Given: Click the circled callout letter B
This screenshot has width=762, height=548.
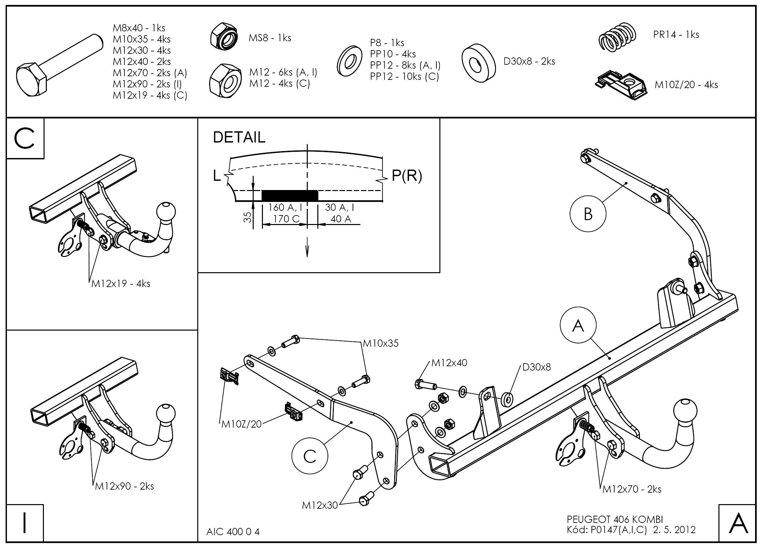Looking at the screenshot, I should pyautogui.click(x=588, y=214).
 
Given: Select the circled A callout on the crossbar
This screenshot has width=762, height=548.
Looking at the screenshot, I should pyautogui.click(x=578, y=325).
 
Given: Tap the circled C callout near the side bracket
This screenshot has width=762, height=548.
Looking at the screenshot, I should pyautogui.click(x=309, y=456).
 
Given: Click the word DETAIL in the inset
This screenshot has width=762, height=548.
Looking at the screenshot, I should pyautogui.click(x=239, y=138).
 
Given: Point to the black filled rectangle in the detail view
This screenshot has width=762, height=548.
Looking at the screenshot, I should pyautogui.click(x=290, y=195).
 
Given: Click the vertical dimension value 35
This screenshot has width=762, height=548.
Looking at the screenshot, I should pyautogui.click(x=247, y=217).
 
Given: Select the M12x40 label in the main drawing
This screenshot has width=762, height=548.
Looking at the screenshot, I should pyautogui.click(x=449, y=363).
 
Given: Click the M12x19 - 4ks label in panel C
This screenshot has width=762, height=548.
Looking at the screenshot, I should pyautogui.click(x=121, y=284).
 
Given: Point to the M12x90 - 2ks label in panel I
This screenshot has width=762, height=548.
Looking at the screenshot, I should pyautogui.click(x=124, y=486).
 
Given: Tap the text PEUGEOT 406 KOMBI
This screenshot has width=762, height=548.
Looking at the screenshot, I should pyautogui.click(x=615, y=519).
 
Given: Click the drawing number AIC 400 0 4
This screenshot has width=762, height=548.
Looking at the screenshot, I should pyautogui.click(x=233, y=532).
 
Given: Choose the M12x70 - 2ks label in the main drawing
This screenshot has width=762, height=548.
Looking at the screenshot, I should pyautogui.click(x=632, y=489).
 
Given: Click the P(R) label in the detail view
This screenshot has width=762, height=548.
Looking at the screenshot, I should pyautogui.click(x=406, y=176).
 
